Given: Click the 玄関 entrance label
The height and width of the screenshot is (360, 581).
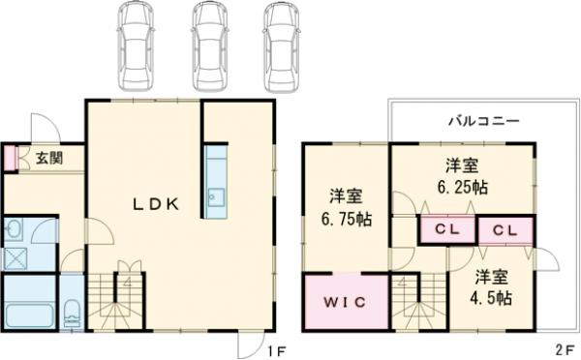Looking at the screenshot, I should coord(45,156).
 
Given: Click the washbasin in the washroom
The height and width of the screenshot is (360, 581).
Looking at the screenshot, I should coord(15,229).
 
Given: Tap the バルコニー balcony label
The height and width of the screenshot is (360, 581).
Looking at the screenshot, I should coord(483,122).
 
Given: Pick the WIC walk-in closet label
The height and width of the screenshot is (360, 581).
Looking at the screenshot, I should coord(340,301).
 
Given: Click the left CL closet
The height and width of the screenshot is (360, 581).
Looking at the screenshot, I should coord(446,230).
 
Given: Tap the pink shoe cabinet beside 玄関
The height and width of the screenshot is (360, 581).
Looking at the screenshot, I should coord(9,157).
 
